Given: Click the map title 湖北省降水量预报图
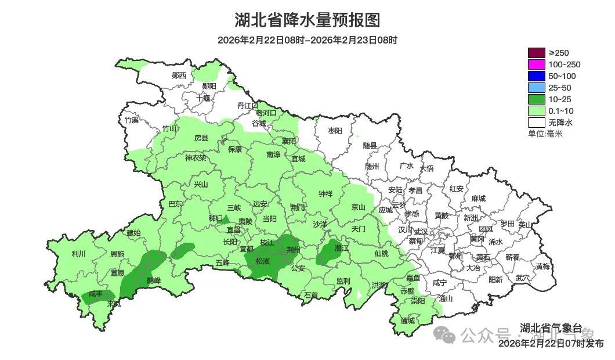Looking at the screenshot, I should click(307, 20).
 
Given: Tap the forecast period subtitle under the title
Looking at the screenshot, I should click(307, 40).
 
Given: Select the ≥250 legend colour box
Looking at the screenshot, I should click(536, 53).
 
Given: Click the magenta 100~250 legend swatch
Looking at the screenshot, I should click(536, 64).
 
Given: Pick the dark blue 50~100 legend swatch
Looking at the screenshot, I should click(536, 76).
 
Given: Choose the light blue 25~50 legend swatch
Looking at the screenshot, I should click(536, 88).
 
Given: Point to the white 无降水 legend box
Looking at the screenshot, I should click(536, 123).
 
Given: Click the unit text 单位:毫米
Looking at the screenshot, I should click(545, 134).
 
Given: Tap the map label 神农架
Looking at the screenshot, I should click(196, 157).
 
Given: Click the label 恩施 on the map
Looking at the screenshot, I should click(117, 254).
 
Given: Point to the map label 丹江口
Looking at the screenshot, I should click(248, 105).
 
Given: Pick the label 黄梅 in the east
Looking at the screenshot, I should click(542, 267).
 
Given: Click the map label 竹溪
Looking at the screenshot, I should click(132, 120).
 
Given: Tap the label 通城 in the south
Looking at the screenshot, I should click(408, 321).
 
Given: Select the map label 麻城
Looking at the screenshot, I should click(478, 199).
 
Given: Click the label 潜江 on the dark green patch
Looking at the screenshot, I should click(341, 248).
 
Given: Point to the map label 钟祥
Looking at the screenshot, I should click(325, 194).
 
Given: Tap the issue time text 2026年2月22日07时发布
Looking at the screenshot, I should click(551, 344).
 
